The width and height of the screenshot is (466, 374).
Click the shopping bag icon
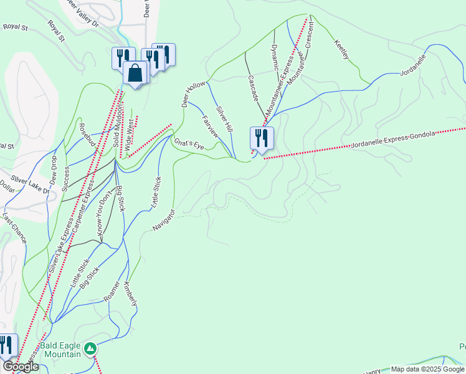pos(135,73)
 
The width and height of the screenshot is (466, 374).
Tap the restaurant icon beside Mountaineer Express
pos(262,138)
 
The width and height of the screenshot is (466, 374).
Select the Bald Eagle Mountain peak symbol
pos(90,347)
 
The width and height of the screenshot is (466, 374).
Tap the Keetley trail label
pos(341,50)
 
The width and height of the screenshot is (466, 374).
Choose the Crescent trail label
pos(310,38)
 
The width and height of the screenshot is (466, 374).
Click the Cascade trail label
pos(253,89)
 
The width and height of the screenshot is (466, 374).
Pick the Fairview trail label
pos(211,125)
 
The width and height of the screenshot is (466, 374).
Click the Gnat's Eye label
pos(189,145)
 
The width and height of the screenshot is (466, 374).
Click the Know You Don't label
pos(105,215)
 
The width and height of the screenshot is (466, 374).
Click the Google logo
pos(21,367)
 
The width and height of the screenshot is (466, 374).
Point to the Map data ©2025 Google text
pos(427,369)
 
